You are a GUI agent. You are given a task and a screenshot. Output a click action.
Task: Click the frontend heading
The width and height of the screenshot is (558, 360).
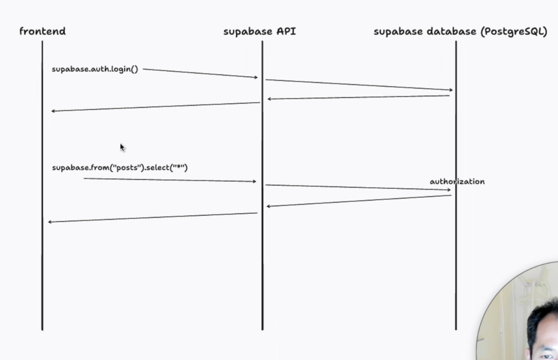(x=43, y=31)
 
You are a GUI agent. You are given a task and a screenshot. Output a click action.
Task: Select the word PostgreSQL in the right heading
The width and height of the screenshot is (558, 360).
(x=514, y=32)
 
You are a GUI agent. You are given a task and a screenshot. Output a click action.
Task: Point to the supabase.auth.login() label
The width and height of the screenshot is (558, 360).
(x=95, y=69)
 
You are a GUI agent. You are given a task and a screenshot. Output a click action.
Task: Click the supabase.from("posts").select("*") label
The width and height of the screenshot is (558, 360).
(x=120, y=168)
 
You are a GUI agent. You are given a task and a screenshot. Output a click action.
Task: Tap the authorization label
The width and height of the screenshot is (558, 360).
(x=457, y=181)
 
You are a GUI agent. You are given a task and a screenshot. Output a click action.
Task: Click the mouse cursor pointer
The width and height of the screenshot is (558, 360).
(x=122, y=148)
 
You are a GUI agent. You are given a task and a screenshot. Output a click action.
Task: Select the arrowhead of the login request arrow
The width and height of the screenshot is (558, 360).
(x=256, y=77)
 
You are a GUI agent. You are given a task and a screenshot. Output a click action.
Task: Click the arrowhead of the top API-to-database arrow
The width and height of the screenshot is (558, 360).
(x=451, y=90)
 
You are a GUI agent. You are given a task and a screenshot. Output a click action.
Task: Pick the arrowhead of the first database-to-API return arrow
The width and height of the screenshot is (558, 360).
(x=269, y=99)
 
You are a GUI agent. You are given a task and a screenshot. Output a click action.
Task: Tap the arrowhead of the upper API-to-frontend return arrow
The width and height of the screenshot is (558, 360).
(x=53, y=111)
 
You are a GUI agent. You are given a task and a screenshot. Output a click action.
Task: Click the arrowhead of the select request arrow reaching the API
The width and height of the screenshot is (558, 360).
(x=254, y=181)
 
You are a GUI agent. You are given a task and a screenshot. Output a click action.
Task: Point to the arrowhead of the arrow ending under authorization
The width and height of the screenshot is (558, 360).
(x=449, y=190)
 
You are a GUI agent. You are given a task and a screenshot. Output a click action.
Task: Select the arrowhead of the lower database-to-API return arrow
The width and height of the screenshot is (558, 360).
(x=268, y=206)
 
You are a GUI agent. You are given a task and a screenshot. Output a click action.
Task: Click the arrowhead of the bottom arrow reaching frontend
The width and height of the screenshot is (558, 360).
(x=50, y=222)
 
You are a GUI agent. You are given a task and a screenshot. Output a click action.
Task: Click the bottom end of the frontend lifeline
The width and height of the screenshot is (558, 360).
(x=43, y=330)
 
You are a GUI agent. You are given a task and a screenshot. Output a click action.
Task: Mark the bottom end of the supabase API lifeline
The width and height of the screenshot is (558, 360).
(x=263, y=329)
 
